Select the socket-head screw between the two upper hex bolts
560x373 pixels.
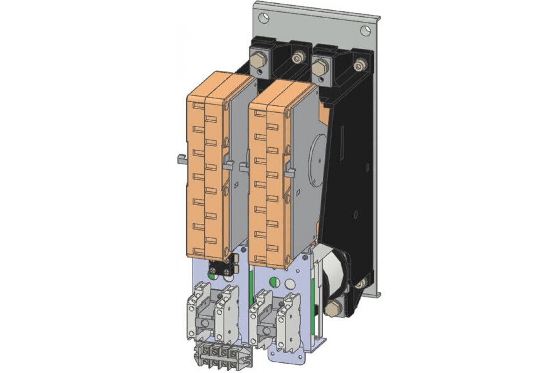coord(296,58)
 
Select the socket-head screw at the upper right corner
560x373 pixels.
coord(359,65)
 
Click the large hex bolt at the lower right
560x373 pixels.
coord(335,308)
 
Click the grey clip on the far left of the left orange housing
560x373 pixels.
coord(182,160)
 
